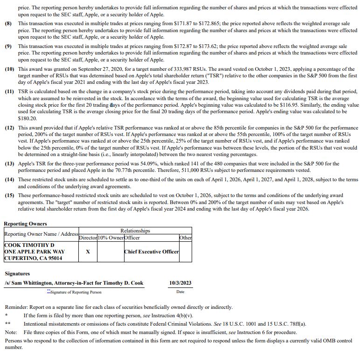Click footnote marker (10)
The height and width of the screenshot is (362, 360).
(10, 69)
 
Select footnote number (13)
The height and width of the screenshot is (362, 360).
(10, 164)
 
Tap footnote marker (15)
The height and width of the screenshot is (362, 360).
(10, 196)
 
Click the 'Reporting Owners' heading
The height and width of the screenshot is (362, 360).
(25, 224)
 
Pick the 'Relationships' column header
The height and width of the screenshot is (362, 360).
(135, 231)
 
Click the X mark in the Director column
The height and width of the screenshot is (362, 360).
(88, 252)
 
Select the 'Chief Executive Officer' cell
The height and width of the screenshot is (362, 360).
(152, 252)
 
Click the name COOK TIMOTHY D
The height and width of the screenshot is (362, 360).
(29, 245)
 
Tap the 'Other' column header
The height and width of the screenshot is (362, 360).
(186, 238)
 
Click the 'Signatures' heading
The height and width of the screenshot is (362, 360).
(17, 274)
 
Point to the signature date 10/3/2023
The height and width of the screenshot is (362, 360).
(180, 283)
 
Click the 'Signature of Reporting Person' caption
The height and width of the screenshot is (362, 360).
(76, 292)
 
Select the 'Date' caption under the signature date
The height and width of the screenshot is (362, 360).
(180, 292)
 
